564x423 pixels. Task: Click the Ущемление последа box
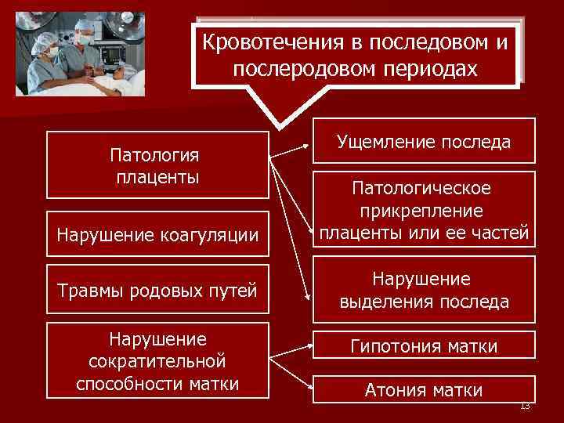coord(425,141)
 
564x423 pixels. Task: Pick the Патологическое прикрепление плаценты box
coord(425,211)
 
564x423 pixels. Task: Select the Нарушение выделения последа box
coord(425,291)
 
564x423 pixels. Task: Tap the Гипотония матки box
coord(425,345)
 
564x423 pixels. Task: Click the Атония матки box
coord(425,389)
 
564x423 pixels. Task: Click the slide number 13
coord(525,405)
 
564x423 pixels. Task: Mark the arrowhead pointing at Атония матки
coord(308,383)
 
